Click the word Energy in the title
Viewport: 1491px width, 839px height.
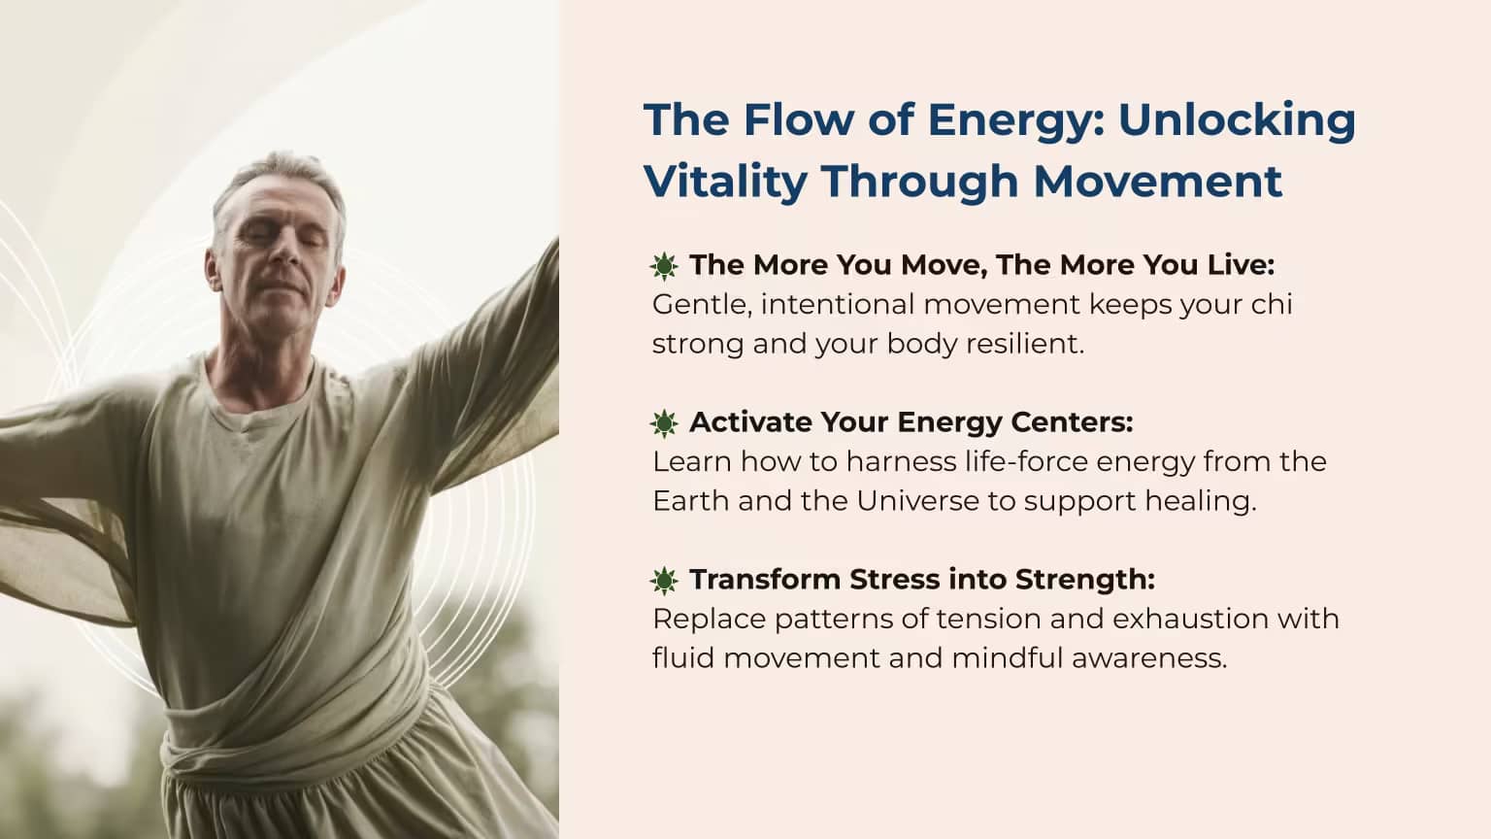pos(1015,121)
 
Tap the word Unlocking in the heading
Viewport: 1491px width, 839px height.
pos(1237,121)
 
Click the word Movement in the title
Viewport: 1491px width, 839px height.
pos(1157,182)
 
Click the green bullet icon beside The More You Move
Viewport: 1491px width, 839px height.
pos(664,266)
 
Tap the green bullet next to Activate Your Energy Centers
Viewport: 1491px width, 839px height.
pos(664,422)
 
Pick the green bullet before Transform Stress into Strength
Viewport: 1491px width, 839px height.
pos(664,580)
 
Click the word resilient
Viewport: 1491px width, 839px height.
pos(1025,344)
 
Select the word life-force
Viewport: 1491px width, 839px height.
pos(1026,461)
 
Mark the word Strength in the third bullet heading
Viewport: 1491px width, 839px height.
pos(1085,580)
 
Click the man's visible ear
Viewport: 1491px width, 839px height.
pos(212,269)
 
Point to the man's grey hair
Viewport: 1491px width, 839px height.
pos(280,180)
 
